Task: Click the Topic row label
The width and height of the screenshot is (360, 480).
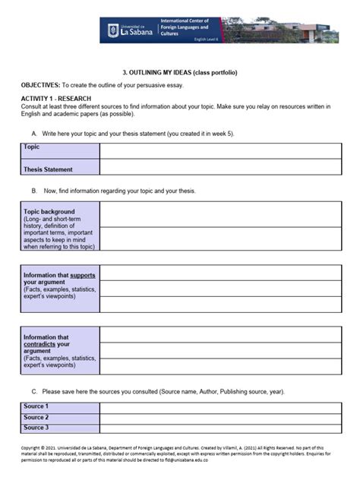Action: (32, 147)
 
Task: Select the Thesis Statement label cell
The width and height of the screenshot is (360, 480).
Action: (49, 169)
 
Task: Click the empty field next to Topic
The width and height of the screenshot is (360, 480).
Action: (220, 150)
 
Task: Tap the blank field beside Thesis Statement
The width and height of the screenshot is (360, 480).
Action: (220, 168)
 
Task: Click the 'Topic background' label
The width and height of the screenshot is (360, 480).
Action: (49, 211)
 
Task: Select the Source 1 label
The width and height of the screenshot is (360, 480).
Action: (36, 406)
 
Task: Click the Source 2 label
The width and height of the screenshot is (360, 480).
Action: (36, 417)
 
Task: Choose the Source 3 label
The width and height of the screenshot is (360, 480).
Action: (36, 428)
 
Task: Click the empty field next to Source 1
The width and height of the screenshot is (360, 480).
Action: (220, 407)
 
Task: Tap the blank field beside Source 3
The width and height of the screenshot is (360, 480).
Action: (220, 428)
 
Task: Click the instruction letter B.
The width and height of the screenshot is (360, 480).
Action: (34, 191)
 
